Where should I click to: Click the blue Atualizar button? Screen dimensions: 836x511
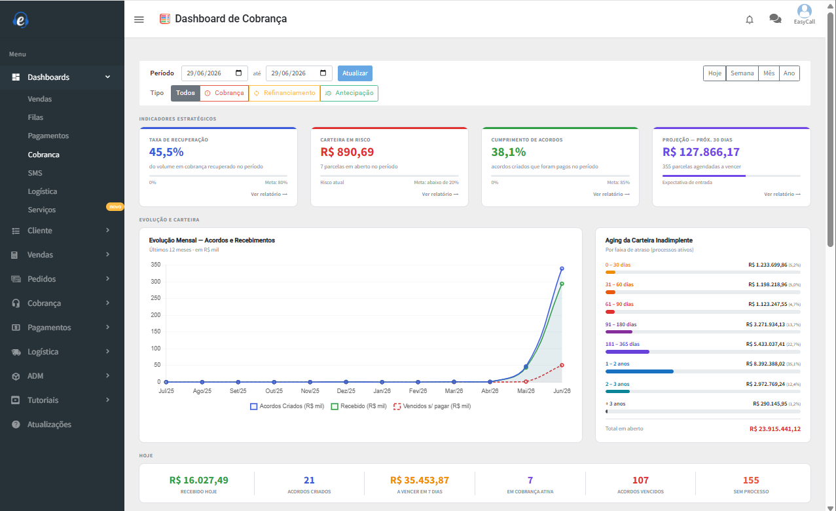[355, 73]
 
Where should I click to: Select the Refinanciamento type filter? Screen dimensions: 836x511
[284, 93]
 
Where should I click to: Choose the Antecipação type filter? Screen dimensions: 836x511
[349, 93]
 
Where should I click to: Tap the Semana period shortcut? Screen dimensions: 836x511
[742, 73]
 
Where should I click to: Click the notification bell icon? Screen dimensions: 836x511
[750, 20]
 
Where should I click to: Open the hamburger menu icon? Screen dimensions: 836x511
[139, 20]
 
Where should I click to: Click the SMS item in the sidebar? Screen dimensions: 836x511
[35, 173]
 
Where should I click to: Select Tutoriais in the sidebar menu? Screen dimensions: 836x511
[43, 400]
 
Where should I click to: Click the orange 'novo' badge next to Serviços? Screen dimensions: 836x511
[115, 206]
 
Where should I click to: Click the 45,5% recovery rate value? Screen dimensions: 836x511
[166, 152]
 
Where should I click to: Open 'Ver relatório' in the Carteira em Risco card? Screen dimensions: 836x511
[440, 194]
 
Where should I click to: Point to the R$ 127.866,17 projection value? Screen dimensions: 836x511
[701, 152]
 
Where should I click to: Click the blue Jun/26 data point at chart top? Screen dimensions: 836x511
[562, 269]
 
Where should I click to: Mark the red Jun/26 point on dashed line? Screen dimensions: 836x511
[562, 366]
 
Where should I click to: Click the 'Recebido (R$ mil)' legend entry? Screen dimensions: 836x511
[359, 406]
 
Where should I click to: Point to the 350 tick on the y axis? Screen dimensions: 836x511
[156, 265]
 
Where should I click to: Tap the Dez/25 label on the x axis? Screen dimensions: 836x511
[346, 390]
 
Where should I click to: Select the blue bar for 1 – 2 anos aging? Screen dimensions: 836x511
[640, 371]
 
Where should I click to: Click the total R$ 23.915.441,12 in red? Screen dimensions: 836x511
[775, 429]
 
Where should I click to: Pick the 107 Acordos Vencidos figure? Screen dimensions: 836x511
[640, 480]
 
